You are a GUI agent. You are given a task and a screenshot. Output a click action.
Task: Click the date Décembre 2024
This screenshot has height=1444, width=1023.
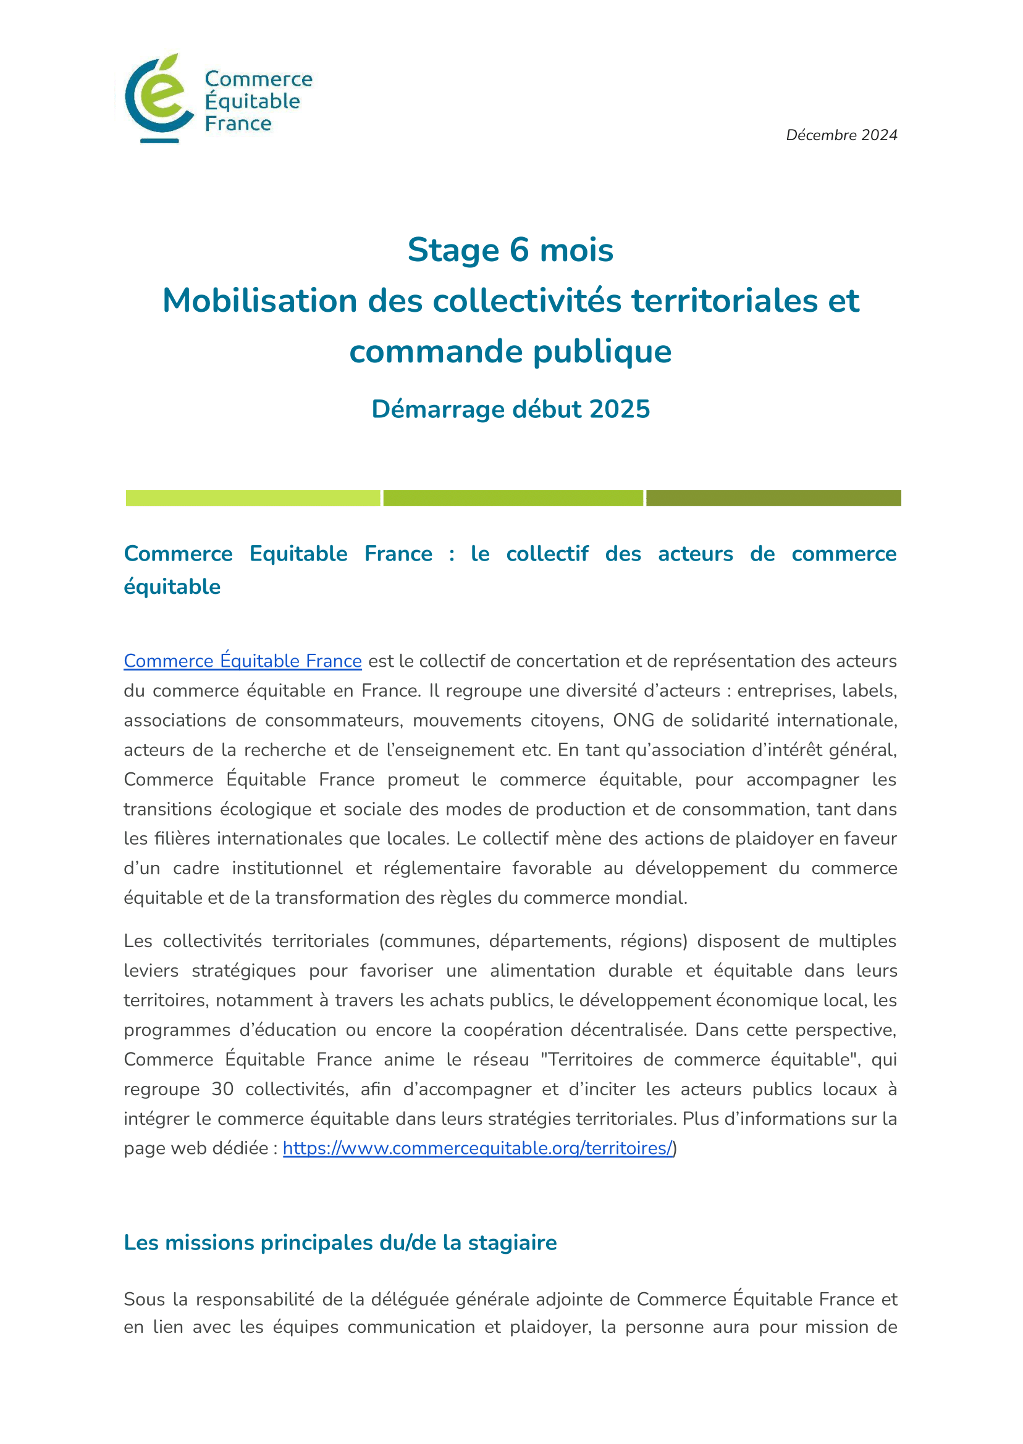click(x=841, y=135)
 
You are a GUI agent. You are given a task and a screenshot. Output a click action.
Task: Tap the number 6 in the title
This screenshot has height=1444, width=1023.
click(x=519, y=250)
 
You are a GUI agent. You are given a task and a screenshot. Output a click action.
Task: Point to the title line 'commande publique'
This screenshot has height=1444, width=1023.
click(x=510, y=351)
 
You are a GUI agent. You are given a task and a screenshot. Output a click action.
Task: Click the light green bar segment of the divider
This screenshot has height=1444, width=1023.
click(x=253, y=498)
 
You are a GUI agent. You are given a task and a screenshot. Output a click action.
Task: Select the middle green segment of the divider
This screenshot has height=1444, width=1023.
click(x=513, y=498)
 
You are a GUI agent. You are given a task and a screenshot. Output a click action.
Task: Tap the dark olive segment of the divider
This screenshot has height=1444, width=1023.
click(x=773, y=498)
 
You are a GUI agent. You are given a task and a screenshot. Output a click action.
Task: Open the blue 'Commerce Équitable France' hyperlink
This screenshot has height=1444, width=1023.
click(x=243, y=661)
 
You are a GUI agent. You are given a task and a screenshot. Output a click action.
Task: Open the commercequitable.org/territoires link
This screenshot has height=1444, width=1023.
click(x=478, y=1148)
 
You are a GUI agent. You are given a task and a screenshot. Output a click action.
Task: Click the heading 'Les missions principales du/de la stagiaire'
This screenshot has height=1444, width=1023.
click(x=340, y=1243)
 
